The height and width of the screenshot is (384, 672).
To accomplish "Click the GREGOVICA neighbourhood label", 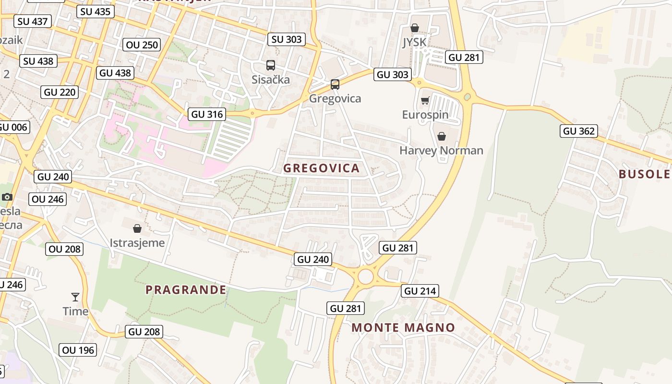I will [321, 168].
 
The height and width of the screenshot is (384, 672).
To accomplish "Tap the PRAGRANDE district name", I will [186, 289].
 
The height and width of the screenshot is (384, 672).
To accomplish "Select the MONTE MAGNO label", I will [403, 327].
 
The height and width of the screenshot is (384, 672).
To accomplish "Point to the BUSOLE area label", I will [644, 174].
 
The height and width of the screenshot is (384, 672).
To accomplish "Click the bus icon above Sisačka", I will [271, 65].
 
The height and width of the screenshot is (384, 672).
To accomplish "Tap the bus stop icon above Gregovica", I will [335, 84].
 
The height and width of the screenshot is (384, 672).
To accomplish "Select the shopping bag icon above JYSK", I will [415, 28].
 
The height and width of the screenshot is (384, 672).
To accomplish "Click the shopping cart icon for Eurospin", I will [425, 101].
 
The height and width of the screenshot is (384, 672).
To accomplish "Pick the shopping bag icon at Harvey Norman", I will [442, 136].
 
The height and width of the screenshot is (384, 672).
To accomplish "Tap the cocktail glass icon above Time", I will [75, 297].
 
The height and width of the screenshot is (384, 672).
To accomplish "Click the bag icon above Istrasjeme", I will [137, 228].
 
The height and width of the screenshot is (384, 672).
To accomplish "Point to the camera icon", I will [7, 197].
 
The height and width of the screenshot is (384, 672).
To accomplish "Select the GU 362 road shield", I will [578, 131].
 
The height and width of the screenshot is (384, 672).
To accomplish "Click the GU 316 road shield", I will [207, 114].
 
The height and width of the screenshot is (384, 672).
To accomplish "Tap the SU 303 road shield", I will [287, 39].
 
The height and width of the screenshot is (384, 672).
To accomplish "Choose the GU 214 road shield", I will [420, 291].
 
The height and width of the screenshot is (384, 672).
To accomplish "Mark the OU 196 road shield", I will [78, 350].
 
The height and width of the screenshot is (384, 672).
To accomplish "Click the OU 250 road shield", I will [142, 45].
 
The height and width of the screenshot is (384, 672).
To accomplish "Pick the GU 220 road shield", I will [60, 92].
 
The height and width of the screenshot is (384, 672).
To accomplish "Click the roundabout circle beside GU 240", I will [365, 277].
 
